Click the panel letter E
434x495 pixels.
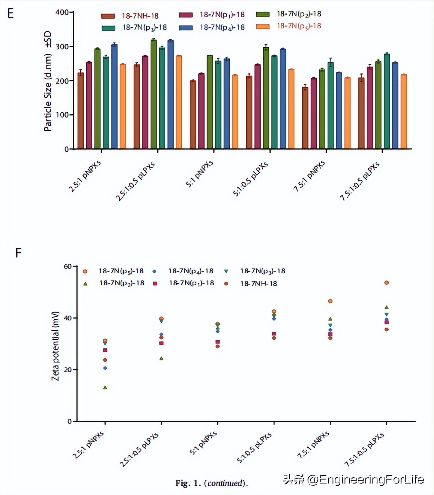(10, 13)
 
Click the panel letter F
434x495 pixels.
(18, 253)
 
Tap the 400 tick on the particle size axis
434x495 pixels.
(62, 12)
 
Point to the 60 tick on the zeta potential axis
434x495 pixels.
(67, 267)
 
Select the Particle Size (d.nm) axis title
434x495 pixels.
(48, 82)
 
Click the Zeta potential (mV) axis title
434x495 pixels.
(55, 346)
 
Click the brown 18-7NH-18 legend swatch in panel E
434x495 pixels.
(108, 16)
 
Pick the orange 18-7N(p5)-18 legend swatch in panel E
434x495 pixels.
(263, 27)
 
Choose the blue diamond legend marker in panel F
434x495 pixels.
(154, 271)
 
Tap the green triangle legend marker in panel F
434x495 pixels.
(85, 284)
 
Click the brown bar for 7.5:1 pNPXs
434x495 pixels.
(305, 118)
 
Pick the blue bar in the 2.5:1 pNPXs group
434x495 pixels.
(114, 97)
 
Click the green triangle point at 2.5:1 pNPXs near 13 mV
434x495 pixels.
(105, 388)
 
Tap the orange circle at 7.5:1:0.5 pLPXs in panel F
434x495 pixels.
(386, 283)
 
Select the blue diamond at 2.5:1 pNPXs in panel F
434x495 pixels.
(105, 368)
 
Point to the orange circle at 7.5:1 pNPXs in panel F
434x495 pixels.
(330, 301)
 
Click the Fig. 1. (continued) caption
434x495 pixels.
(211, 483)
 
